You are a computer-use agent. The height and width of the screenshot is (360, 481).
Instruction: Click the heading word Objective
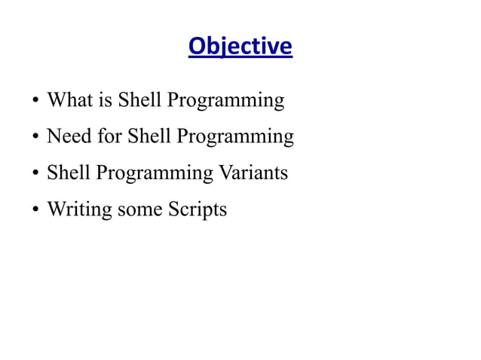240,47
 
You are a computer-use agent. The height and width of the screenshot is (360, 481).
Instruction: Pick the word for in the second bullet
106,136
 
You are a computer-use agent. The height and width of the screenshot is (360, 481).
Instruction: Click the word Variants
254,172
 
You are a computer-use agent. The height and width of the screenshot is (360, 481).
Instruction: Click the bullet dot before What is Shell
35,101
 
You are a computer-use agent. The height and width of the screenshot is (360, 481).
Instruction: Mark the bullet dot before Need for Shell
35,138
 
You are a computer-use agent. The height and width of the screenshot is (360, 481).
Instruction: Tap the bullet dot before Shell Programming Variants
35,174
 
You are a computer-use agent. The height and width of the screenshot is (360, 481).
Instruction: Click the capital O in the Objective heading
195,47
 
